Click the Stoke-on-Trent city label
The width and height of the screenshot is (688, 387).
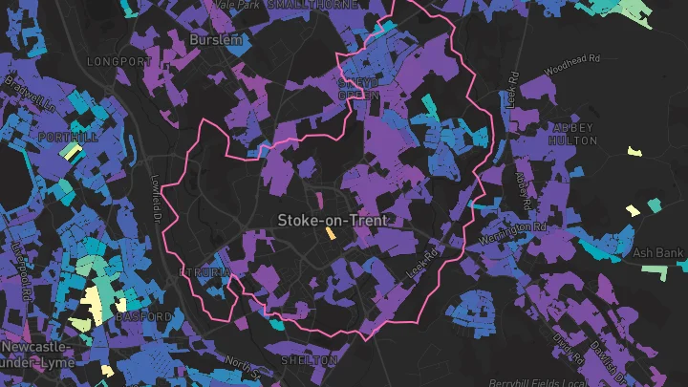[x=333, y=220]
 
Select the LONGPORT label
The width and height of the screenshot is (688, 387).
[x=118, y=61]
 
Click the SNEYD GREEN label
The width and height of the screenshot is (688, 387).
[x=358, y=89]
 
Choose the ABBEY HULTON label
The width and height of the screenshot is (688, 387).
[x=572, y=134]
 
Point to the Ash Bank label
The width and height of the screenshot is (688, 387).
[x=659, y=253]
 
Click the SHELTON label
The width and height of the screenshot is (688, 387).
[x=310, y=360]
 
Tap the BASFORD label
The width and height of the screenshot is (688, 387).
[x=143, y=316]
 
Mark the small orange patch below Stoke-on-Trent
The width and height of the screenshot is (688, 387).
[x=331, y=233]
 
